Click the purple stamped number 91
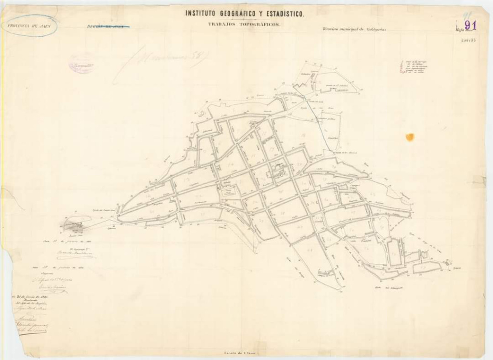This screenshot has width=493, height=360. tap(469, 25)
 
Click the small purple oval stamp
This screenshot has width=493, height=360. tap(81, 64)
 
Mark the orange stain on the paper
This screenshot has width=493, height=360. tap(410, 137)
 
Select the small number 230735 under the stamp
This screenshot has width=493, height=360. tap(468, 40)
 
